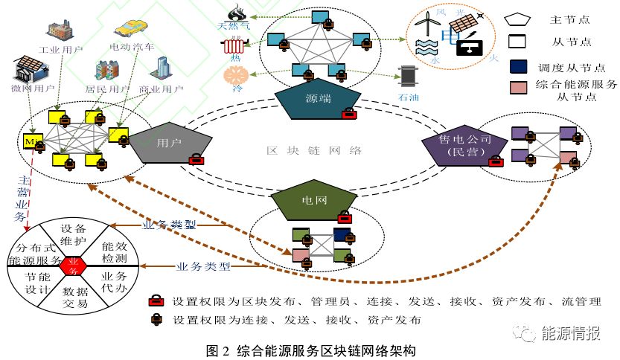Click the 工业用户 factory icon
60,30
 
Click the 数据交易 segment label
75,298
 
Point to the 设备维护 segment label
74,235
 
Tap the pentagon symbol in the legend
519,19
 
